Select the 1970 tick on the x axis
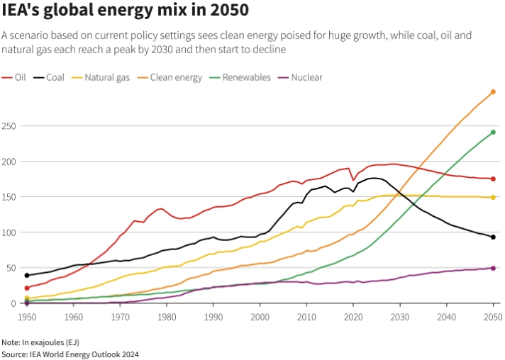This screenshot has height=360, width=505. coord(120,317)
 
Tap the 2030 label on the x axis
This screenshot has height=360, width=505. coord(400,317)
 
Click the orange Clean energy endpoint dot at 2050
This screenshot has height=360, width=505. coord(493,92)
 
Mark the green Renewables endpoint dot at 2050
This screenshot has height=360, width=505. coord(493,133)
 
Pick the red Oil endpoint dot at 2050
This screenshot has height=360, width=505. coord(493,179)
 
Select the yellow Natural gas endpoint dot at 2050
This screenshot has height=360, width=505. coord(493,197)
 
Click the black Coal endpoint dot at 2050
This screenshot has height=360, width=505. coord(493,237)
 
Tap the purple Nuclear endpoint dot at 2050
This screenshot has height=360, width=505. coord(493,268)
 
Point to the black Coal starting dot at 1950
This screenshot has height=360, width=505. coord(26,276)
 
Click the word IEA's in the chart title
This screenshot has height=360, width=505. coord(21,12)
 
